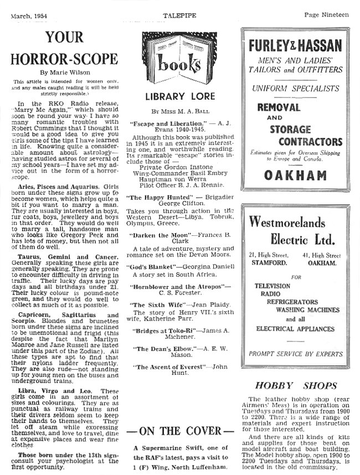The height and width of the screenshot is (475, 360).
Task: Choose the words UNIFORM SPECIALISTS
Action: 295,88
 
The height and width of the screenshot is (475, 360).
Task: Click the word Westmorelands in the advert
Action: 287,223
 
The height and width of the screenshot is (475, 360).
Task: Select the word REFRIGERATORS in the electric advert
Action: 296,303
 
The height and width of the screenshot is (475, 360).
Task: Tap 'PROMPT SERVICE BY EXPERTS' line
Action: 295,354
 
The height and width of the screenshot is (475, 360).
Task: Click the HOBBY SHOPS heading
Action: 295,385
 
